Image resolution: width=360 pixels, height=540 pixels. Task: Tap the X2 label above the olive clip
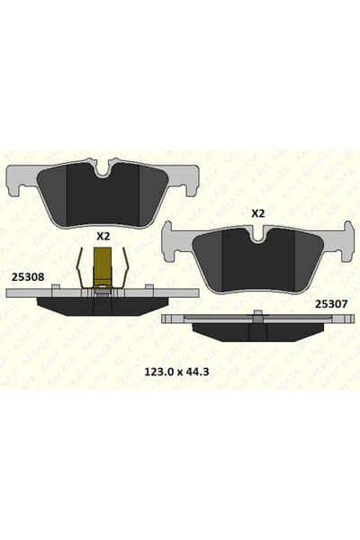[103, 236]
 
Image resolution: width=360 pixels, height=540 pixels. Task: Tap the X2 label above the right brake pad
[257, 213]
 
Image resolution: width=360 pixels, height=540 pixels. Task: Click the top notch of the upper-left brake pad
[105, 167]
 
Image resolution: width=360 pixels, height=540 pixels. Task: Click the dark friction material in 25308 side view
[103, 308]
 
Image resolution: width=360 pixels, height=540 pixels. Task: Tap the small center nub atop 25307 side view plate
[257, 314]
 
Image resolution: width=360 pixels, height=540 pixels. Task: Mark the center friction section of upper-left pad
[103, 198]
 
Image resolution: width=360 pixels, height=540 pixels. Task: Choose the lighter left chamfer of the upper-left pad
[54, 193]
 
